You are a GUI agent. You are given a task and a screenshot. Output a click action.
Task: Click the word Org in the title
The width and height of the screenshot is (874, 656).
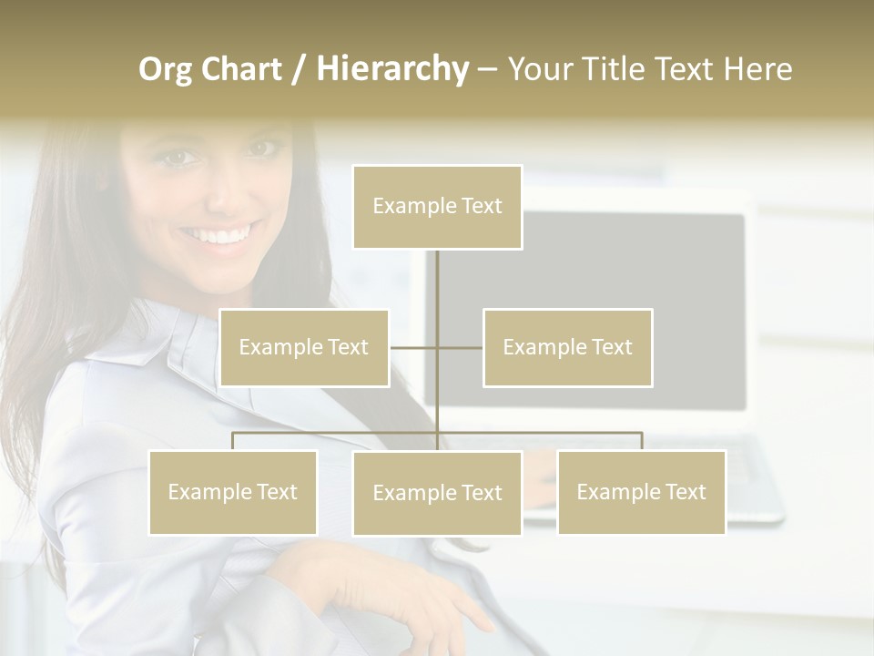(x=166, y=69)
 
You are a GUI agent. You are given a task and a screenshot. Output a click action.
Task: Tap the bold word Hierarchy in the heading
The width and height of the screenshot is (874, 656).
(x=391, y=69)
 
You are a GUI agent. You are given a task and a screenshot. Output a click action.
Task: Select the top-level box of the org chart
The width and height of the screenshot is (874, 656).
(x=437, y=207)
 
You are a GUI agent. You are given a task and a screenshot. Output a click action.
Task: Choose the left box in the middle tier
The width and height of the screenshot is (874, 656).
(x=303, y=347)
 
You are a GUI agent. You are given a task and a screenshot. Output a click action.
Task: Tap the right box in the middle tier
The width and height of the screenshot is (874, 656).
(x=567, y=347)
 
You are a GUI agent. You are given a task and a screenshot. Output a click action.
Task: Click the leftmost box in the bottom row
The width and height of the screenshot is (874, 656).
(x=232, y=492)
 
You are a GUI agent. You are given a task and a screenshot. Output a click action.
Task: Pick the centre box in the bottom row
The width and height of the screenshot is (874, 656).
(x=437, y=493)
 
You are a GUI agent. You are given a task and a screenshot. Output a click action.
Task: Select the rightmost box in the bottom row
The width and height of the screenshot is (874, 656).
(x=641, y=492)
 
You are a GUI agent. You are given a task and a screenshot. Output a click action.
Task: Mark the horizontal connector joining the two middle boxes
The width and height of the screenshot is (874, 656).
(x=460, y=347)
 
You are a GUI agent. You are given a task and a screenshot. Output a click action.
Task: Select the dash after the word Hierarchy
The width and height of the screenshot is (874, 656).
(x=487, y=70)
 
